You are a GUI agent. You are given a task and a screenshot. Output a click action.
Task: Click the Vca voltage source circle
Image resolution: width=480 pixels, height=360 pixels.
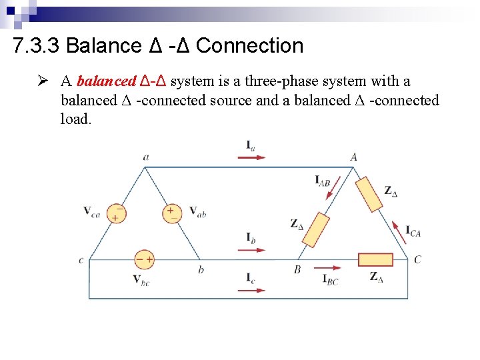116,213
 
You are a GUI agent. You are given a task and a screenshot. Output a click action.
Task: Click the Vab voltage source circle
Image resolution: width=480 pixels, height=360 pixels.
172,213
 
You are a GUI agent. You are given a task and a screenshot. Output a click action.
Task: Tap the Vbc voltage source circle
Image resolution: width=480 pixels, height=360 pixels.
145,259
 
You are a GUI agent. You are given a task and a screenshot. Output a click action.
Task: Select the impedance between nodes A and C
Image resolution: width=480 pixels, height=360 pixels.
369,193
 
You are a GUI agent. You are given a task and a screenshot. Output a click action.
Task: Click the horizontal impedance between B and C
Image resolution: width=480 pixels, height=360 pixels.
375,259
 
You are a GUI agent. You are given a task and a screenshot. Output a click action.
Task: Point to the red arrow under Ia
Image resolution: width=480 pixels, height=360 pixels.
251,158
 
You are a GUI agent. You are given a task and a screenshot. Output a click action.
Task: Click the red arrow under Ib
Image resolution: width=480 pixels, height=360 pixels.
251,250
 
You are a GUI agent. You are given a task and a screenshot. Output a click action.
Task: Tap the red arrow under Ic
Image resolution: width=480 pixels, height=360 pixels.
251,290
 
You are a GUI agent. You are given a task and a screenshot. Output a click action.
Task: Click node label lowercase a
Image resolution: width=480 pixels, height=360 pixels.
145,157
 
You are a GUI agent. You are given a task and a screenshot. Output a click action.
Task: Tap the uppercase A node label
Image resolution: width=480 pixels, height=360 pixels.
353,157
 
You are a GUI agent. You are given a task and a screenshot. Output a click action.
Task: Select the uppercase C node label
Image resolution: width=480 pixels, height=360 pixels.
417,259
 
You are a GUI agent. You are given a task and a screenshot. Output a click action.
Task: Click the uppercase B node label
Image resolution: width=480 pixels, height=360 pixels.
297,270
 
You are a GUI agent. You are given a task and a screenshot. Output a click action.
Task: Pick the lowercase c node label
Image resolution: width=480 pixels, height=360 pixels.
81,260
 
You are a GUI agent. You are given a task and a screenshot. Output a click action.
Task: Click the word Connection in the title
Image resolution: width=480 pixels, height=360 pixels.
250,46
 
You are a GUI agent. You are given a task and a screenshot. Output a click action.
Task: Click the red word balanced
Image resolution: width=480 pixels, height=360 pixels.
106,81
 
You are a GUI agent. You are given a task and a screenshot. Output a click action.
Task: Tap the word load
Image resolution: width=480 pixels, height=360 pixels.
75,119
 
